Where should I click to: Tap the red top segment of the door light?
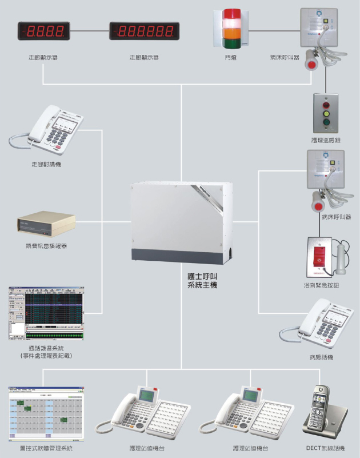[x=233, y=14]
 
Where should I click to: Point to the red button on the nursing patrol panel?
[x=326, y=106]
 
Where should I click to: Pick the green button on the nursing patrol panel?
[x=326, y=122]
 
